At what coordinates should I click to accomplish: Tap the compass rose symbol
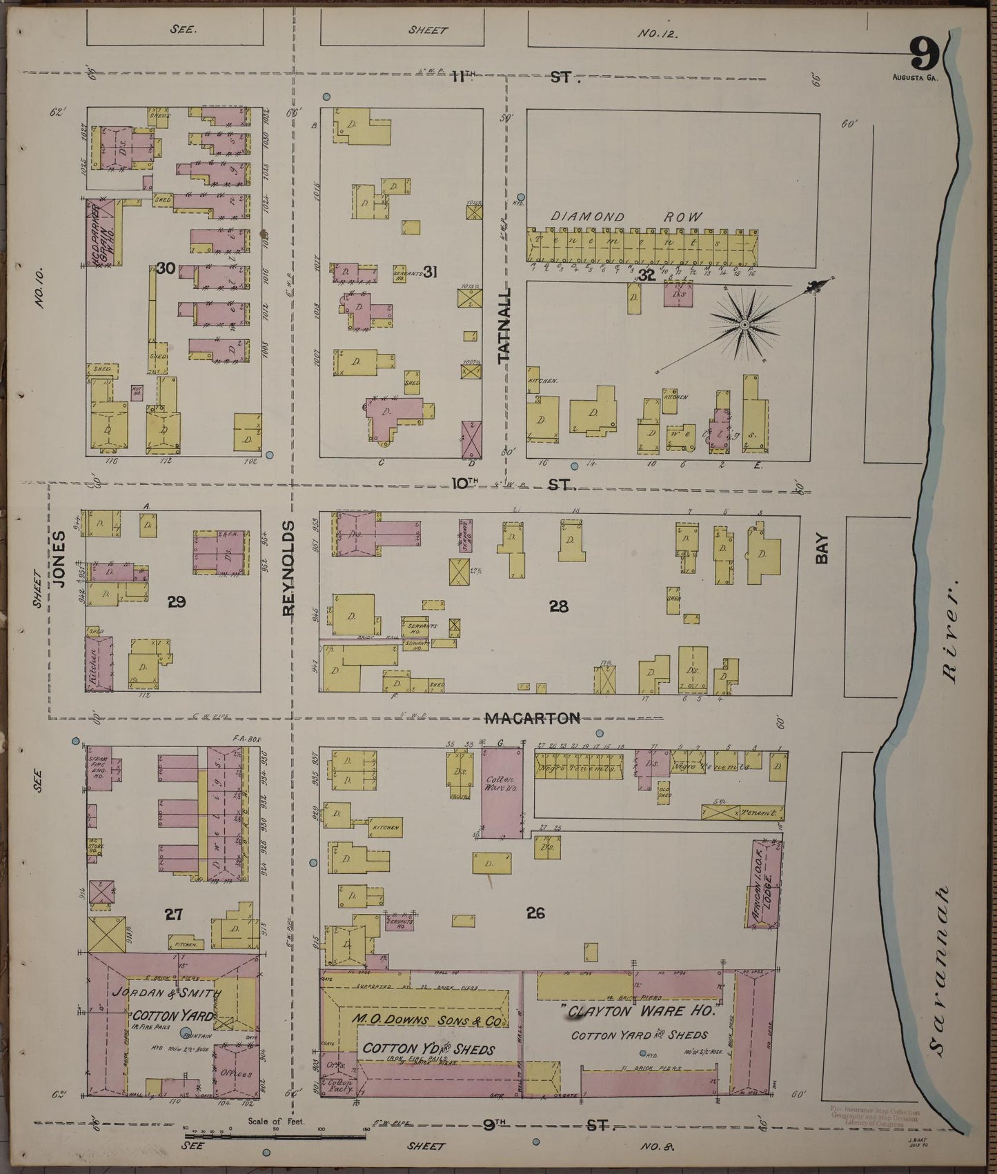pyautogui.click(x=744, y=324)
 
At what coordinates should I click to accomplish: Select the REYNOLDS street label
pyautogui.click(x=288, y=568)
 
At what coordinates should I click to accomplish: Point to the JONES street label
pyautogui.click(x=59, y=559)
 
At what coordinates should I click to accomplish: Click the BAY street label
pyautogui.click(x=821, y=550)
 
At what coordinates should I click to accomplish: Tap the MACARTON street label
pyautogui.click(x=532, y=719)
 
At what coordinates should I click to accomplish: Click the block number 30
pyautogui.click(x=165, y=268)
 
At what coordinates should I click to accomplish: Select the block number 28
pyautogui.click(x=558, y=606)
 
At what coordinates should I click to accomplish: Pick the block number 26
pyautogui.click(x=535, y=913)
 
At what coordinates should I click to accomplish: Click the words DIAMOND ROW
pyautogui.click(x=626, y=217)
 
